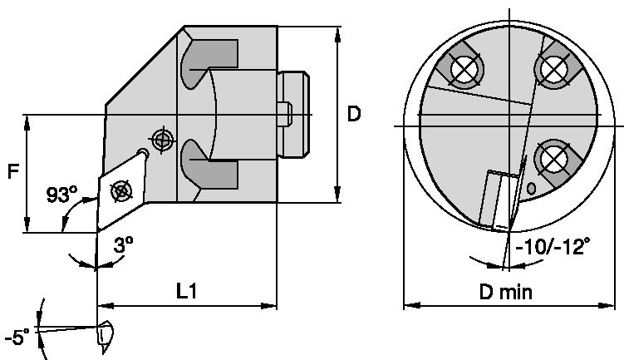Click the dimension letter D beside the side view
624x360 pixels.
(353, 114)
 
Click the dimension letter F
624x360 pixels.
(12, 173)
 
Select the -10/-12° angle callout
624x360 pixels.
(553, 246)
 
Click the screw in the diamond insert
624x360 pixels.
(121, 190)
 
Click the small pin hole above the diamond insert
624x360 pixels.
(145, 152)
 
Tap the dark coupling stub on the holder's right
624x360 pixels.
(294, 115)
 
